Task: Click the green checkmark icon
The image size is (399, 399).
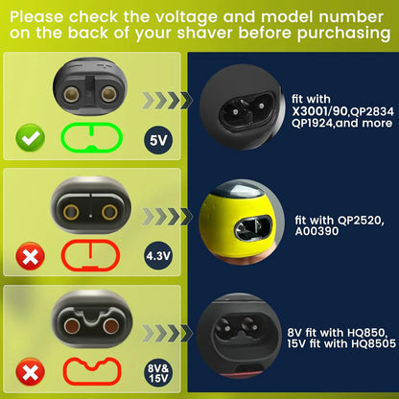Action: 31,137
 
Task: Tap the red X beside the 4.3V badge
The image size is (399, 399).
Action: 31,256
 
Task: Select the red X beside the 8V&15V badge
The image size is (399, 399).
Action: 31,372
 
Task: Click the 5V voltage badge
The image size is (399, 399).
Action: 158,140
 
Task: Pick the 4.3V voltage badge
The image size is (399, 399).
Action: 158,256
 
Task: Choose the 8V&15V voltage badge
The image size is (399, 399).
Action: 158,373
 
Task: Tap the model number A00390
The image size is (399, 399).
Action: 317,231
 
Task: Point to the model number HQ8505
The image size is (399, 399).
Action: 373,344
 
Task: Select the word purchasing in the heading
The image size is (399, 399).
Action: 343,34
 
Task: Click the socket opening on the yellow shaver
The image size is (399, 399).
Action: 253,228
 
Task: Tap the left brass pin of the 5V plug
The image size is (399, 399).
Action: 70,94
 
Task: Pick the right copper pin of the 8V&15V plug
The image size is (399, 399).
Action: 111,326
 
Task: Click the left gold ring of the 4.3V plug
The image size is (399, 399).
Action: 71,212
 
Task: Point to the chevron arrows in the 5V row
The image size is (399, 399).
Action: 167,101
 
